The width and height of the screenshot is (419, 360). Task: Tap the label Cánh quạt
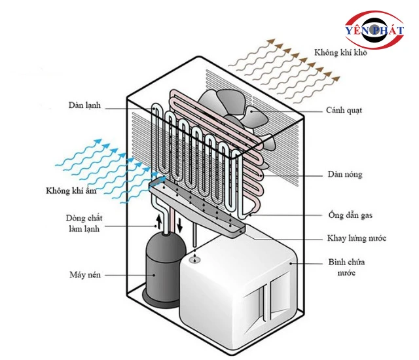(x=344, y=110)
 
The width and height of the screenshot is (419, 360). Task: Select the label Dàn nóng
(x=345, y=175)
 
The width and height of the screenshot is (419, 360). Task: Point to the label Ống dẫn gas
(x=350, y=215)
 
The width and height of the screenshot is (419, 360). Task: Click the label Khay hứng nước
(x=356, y=238)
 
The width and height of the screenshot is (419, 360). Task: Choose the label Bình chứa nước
(x=346, y=267)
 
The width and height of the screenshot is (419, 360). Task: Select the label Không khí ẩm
(x=72, y=191)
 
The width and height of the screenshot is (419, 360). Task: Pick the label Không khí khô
(x=340, y=52)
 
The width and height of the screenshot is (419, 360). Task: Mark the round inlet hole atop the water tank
(x=194, y=260)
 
